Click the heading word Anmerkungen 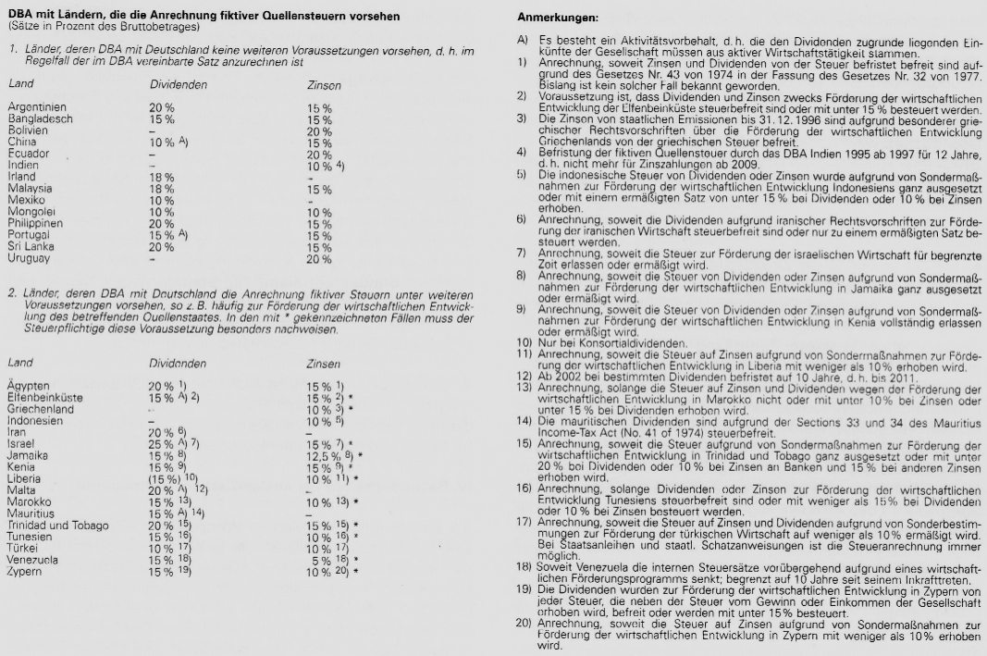558,18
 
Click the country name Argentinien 37,107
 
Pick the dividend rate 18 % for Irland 162,176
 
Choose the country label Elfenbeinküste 44,396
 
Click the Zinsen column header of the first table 324,84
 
